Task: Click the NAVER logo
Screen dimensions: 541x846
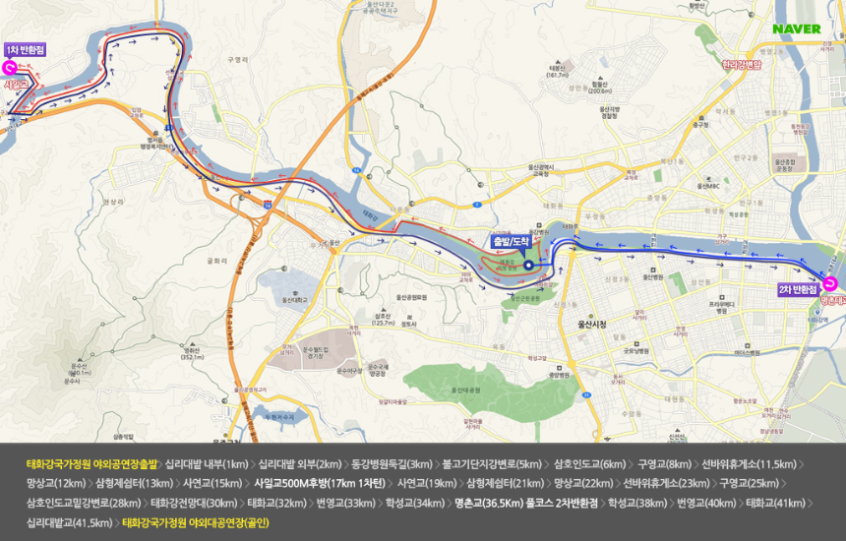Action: point(796,29)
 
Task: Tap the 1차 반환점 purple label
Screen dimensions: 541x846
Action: point(25,49)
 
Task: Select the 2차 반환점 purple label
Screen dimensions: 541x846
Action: point(798,289)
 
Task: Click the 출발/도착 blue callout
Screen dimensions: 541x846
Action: point(512,240)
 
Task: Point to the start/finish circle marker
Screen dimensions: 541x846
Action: point(528,264)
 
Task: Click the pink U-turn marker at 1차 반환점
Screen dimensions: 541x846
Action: point(8,68)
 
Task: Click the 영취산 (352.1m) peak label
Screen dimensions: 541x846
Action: point(192,353)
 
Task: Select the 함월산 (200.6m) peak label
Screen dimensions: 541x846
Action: point(601,87)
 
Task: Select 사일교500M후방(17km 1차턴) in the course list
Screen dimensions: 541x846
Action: point(319,483)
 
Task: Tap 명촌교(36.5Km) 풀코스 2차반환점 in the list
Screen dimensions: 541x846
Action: point(526,503)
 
